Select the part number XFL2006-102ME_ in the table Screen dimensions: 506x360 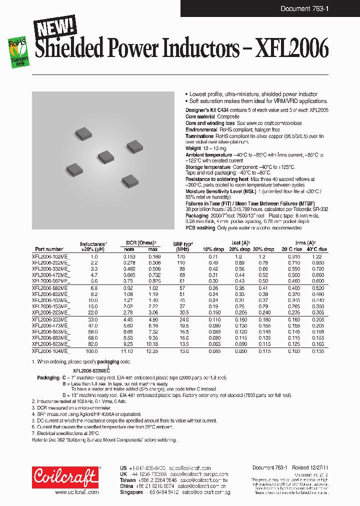tap(51, 256)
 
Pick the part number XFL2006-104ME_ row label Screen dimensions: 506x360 tap(51, 352)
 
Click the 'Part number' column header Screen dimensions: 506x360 tap(49, 249)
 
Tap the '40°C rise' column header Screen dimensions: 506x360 tap(316, 249)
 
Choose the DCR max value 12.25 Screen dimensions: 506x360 tap(153, 352)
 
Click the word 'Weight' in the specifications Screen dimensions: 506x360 tap(193, 148)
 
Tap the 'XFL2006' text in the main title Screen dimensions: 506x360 tap(292, 49)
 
